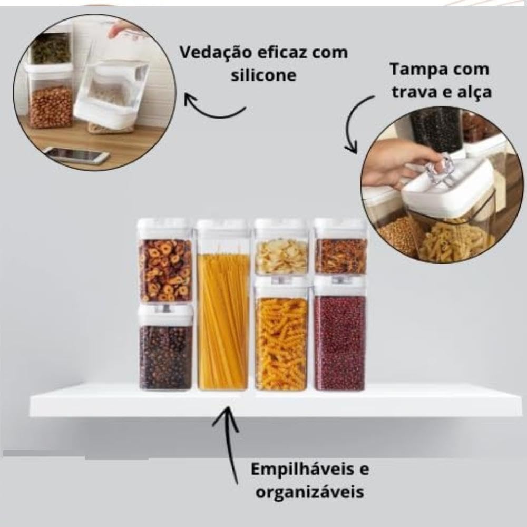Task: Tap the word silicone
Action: [x=263, y=75]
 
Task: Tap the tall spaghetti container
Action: [x=223, y=305]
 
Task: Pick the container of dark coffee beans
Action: [x=165, y=347]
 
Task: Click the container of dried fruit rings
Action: [x=165, y=261]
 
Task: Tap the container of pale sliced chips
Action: [x=281, y=247]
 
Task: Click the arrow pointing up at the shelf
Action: [x=229, y=445]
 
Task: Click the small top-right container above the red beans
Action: [x=340, y=247]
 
